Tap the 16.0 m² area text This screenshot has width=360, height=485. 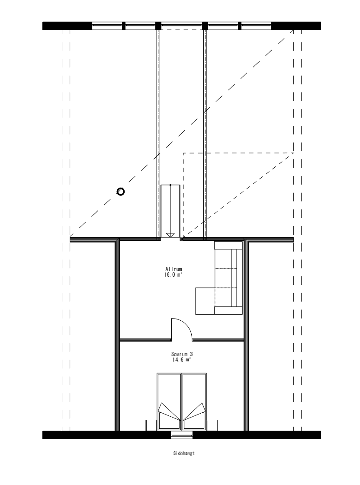point(172,274)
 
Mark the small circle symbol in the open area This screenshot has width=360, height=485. point(121,191)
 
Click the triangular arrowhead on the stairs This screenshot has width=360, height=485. point(170,235)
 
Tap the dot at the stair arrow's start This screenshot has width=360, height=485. point(170,185)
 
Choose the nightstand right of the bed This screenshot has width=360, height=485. point(212,425)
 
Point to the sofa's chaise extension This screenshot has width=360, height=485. point(205,300)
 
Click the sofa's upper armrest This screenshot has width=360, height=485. point(228,245)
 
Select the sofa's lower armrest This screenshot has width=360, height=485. point(228,310)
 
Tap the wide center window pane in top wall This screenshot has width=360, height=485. point(182,26)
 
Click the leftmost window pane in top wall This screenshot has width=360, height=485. point(107,26)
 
